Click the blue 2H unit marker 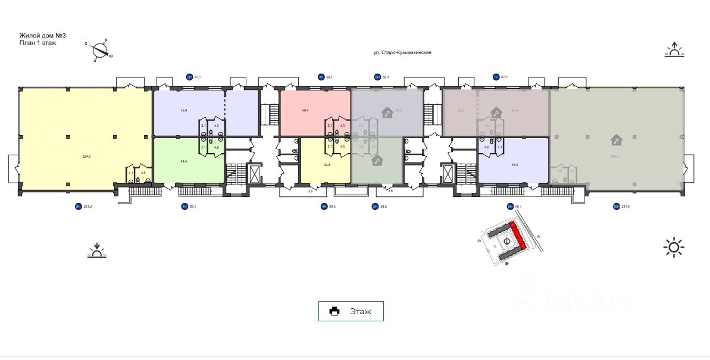click(x=190, y=77)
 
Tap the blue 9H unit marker click(x=77, y=206)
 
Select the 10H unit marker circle click(x=616, y=206)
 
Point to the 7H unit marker click(x=495, y=77)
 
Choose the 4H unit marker click(x=324, y=206)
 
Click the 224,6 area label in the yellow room click(x=86, y=156)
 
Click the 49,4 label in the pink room click(x=305, y=110)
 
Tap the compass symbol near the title click(x=99, y=50)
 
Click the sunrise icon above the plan click(x=674, y=49)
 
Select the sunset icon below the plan click(x=97, y=251)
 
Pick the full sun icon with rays click(x=674, y=247)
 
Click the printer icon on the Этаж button click(x=335, y=311)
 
